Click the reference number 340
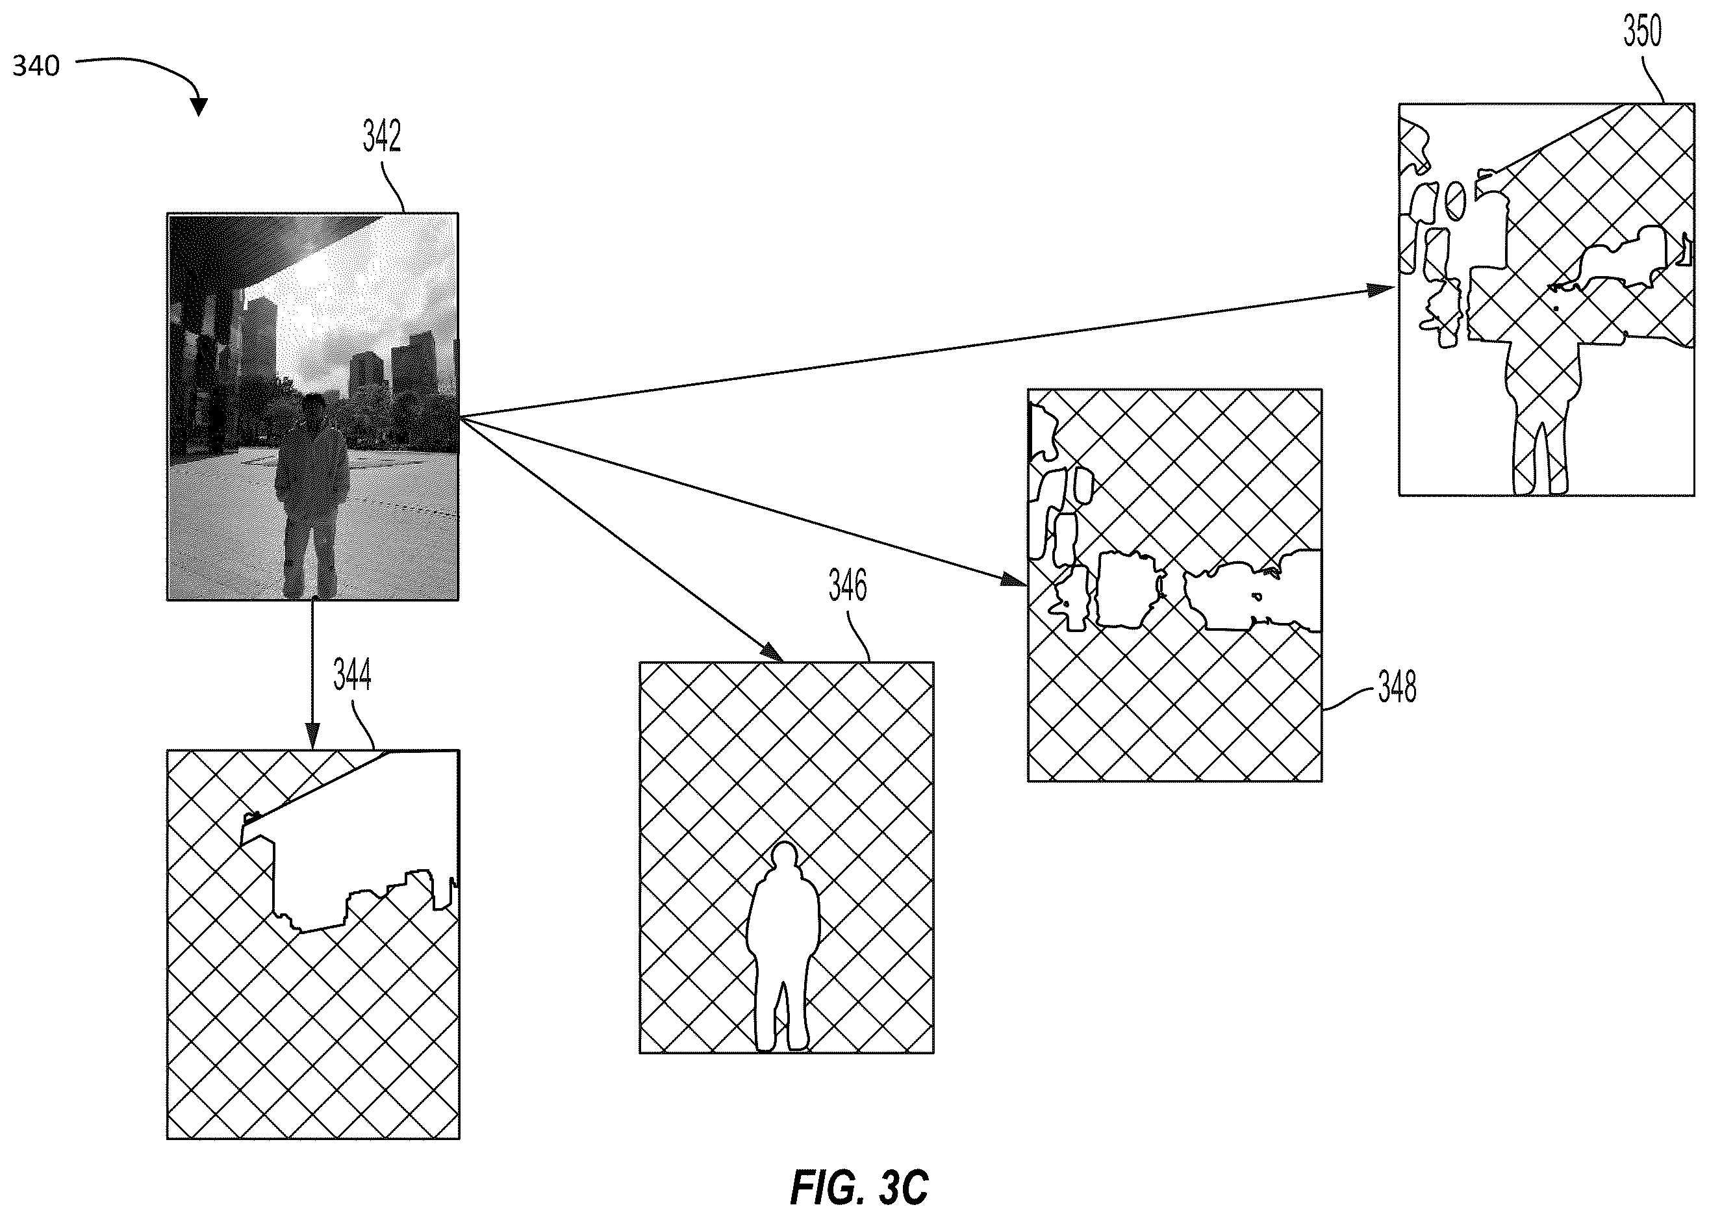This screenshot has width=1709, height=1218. click(36, 66)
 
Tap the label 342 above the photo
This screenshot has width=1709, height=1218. click(382, 136)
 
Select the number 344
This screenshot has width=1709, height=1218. click(351, 676)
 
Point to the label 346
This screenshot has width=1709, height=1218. click(848, 586)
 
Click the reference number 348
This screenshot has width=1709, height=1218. click(1397, 687)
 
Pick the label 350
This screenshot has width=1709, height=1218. click(1642, 31)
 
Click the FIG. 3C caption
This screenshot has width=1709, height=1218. click(859, 1187)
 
